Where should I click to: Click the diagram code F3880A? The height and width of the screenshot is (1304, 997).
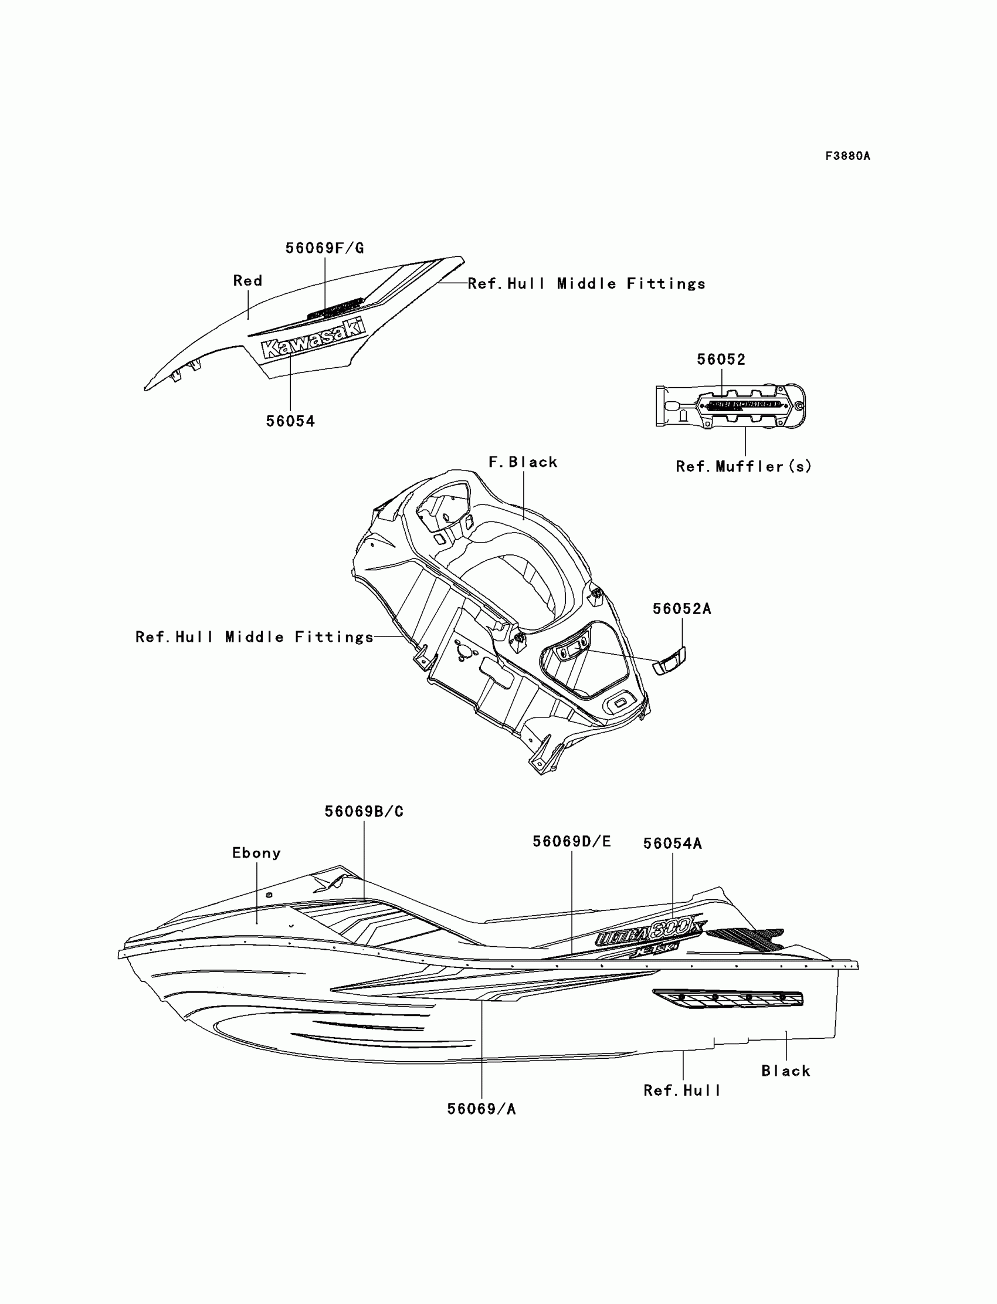[x=847, y=156]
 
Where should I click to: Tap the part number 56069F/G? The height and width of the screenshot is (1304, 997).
[x=325, y=248]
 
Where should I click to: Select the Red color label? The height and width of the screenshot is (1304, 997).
[x=247, y=280]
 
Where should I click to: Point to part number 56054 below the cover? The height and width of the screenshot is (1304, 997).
[x=290, y=421]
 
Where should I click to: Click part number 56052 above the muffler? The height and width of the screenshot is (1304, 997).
[x=721, y=359]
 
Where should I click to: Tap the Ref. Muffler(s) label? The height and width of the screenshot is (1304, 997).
[x=743, y=466]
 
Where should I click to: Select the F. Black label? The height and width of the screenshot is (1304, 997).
[x=523, y=462]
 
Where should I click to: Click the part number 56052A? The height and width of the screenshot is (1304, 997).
[x=682, y=608]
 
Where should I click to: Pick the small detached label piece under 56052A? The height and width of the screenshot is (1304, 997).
[x=669, y=660]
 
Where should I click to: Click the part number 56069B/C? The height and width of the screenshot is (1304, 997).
[x=364, y=811]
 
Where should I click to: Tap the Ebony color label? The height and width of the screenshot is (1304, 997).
[x=256, y=853]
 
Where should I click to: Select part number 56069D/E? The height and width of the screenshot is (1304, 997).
[x=571, y=841]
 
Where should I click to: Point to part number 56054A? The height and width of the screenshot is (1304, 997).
[x=672, y=844]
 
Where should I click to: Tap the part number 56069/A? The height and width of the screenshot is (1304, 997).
[x=481, y=1109]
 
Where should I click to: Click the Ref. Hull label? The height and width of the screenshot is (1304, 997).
[x=683, y=1090]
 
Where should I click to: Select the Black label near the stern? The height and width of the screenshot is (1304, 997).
[x=786, y=1071]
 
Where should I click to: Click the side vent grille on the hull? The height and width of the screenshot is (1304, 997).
[x=728, y=998]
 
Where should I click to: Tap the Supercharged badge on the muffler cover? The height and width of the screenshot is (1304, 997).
[x=745, y=405]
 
